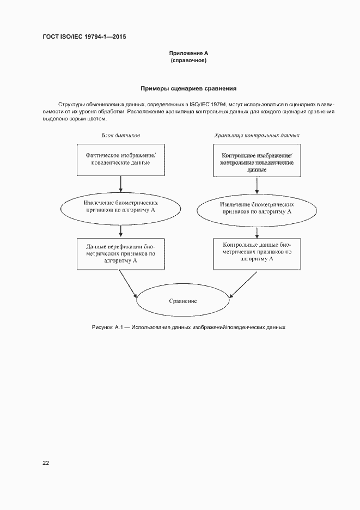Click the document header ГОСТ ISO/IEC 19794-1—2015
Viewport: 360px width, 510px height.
click(x=84, y=37)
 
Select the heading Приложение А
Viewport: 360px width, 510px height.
click(x=188, y=53)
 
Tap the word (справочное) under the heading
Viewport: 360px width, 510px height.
click(x=188, y=60)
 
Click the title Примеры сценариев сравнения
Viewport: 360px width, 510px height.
click(x=188, y=88)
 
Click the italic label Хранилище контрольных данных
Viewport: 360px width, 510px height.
click(x=257, y=135)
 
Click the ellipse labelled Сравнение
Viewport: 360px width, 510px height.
click(x=183, y=301)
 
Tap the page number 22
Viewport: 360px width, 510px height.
click(x=46, y=463)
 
